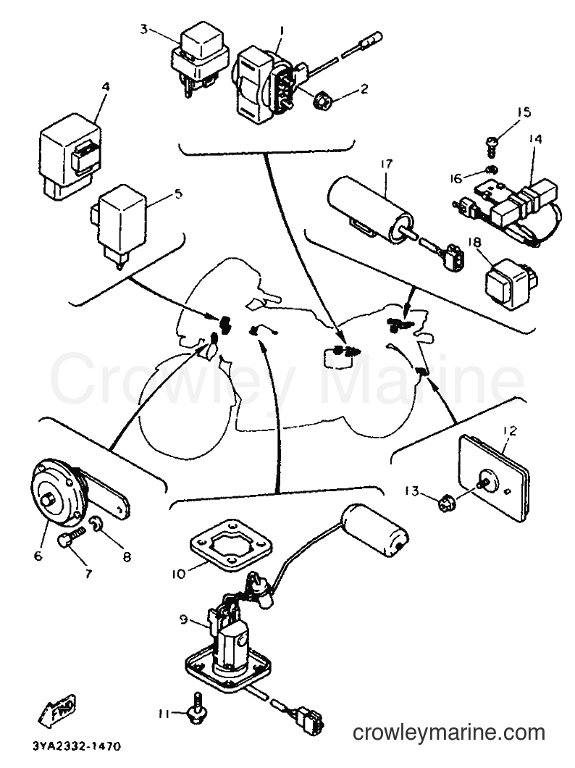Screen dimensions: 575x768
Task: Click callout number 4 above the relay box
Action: click(106, 87)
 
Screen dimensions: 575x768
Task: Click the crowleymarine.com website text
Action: click(449, 732)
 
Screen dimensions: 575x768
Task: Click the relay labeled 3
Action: click(200, 59)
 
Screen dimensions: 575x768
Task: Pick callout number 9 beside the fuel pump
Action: click(182, 620)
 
